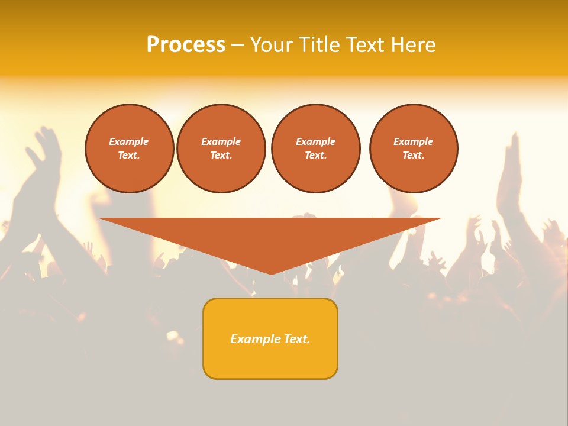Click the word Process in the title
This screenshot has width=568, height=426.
click(186, 45)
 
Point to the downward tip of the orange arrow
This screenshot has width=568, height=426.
click(271, 273)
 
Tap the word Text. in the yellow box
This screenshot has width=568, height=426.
click(298, 339)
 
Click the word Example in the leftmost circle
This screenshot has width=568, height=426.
click(129, 141)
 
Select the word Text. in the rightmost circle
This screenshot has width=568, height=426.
click(413, 155)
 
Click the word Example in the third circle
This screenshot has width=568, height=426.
click(315, 141)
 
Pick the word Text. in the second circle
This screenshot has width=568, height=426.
click(221, 155)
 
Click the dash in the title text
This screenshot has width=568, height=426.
click(237, 45)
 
